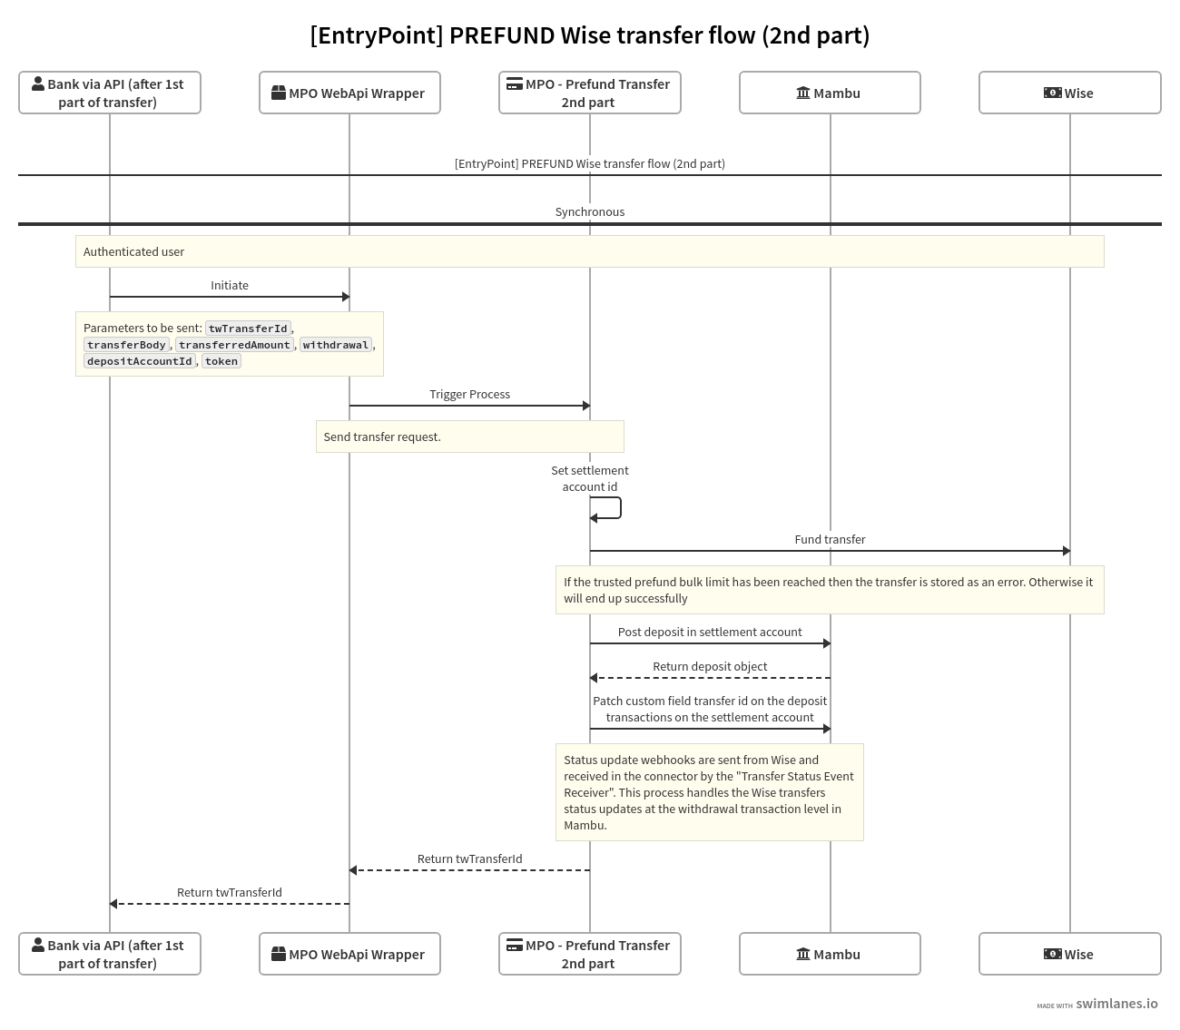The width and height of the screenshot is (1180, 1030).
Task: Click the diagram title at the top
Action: coord(589,35)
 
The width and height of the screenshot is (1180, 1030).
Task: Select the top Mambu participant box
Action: coord(830,93)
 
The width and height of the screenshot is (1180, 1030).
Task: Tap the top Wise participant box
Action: coord(1069,93)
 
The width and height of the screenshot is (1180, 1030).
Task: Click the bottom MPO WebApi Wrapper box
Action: coord(349,954)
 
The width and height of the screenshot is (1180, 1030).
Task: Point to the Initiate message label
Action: coord(230,285)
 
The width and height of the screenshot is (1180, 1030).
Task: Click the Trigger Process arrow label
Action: coord(469,394)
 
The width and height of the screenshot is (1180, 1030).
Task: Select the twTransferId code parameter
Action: coord(248,329)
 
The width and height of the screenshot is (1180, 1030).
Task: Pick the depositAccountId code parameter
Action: coord(140,361)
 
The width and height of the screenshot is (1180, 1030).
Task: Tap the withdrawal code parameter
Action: coord(336,345)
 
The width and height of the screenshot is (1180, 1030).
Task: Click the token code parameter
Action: coord(221,361)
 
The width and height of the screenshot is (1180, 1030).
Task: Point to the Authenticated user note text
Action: coord(133,251)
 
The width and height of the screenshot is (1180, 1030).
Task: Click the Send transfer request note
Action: coord(382,437)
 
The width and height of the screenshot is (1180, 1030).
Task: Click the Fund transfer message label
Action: coord(830,539)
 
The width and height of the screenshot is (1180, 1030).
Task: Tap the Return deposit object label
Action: coord(710,666)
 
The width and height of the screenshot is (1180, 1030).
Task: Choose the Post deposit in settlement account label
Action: coord(710,632)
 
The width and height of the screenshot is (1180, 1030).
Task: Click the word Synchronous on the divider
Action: coord(590,211)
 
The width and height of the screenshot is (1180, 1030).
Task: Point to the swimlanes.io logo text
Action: coord(1116,1004)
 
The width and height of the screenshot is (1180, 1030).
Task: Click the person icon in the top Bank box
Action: coord(38,83)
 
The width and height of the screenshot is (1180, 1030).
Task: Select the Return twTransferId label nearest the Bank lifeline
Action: coord(230,892)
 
